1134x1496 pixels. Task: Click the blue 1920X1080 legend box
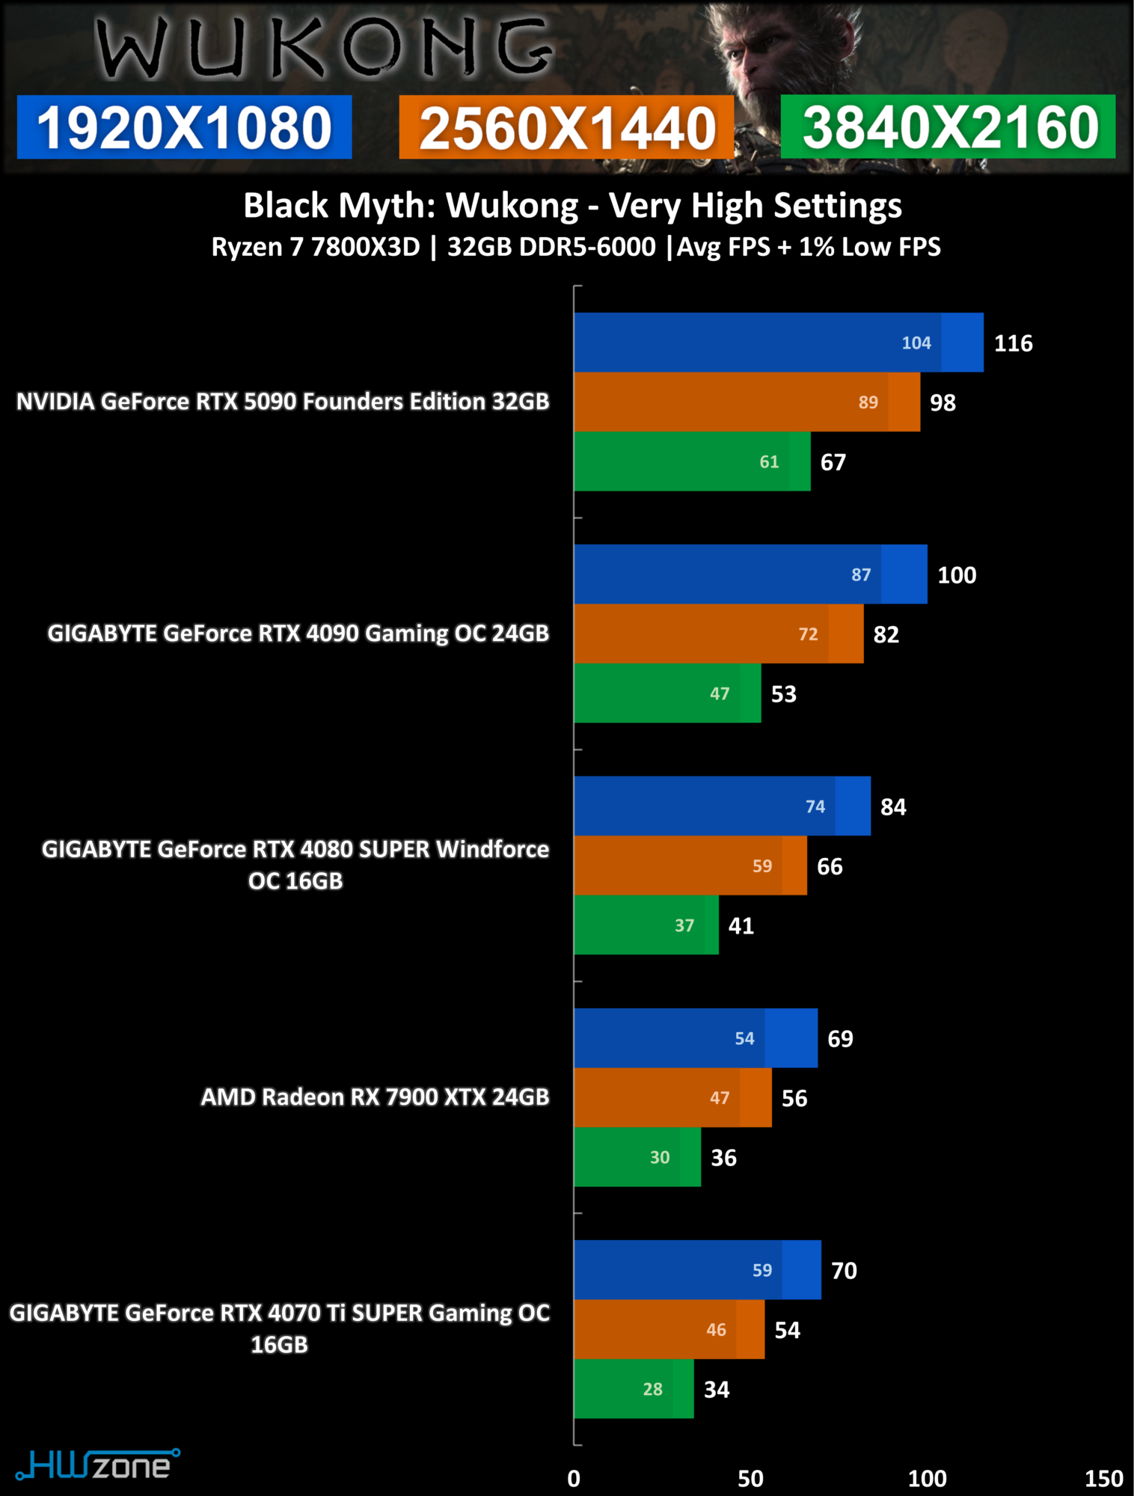tap(184, 127)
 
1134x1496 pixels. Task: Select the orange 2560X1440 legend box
tap(566, 127)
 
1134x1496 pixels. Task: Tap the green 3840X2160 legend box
tap(948, 127)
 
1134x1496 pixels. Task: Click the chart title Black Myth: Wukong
tap(572, 206)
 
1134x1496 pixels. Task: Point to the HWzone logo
tap(97, 1465)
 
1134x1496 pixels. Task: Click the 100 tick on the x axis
tap(927, 1478)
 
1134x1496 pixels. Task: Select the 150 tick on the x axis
tap(1103, 1478)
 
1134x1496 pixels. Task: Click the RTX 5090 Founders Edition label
tap(283, 402)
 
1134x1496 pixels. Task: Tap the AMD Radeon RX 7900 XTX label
tap(375, 1097)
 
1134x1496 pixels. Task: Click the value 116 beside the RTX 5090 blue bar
tap(1013, 343)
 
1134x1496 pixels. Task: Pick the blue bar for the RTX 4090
tap(750, 574)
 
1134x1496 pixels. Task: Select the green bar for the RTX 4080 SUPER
tap(646, 925)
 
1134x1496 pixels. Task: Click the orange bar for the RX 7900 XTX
tap(672, 1097)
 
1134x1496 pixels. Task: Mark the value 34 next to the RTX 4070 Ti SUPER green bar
tap(716, 1389)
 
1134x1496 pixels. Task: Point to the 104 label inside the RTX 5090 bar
tap(916, 343)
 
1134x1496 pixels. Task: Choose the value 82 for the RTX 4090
tap(886, 634)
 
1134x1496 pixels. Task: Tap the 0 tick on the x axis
tap(574, 1478)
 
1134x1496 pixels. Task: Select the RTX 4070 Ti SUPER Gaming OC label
tap(280, 1328)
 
